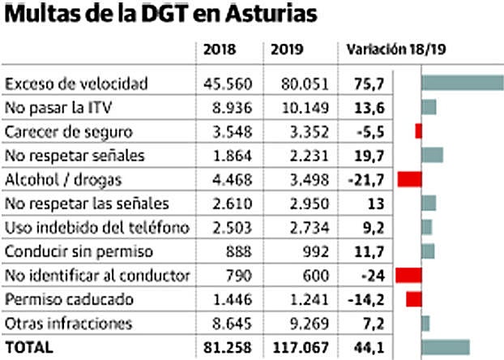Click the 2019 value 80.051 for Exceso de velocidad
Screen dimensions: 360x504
point(300,84)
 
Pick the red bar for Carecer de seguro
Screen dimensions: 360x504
point(418,131)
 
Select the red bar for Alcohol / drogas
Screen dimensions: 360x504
point(410,178)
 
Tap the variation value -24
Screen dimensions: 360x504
point(367,275)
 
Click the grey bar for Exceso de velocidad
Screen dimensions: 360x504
point(462,84)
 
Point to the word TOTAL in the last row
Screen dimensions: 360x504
point(29,347)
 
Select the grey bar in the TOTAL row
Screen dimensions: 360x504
point(446,347)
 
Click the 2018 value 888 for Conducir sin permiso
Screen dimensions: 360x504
point(243,251)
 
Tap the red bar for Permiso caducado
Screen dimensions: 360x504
point(414,299)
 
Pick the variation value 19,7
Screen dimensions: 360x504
point(367,155)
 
